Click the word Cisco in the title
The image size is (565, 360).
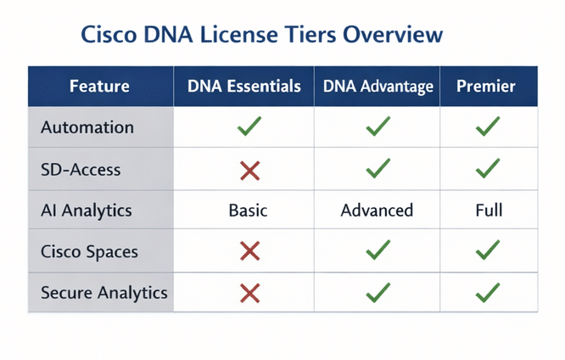(109, 35)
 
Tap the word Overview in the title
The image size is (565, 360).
(393, 35)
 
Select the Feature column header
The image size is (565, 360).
(99, 87)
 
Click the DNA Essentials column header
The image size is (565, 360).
(244, 87)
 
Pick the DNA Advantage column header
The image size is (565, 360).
(378, 87)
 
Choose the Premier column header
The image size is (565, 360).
(486, 87)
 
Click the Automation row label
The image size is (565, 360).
(87, 127)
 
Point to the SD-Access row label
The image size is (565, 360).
(81, 170)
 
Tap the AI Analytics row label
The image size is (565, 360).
(87, 211)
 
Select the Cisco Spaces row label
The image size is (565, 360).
(89, 252)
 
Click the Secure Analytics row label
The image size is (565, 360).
(104, 293)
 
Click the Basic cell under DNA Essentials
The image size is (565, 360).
(248, 211)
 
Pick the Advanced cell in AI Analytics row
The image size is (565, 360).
(377, 211)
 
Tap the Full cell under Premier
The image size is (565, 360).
(489, 211)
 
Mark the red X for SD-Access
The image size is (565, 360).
(249, 171)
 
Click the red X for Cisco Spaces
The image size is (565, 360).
(249, 251)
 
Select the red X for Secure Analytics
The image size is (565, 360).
(249, 293)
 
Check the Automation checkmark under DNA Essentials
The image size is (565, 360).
(249, 127)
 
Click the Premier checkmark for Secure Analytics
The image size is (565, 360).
(488, 293)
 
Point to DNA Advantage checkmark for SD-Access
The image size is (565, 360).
(378, 168)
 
